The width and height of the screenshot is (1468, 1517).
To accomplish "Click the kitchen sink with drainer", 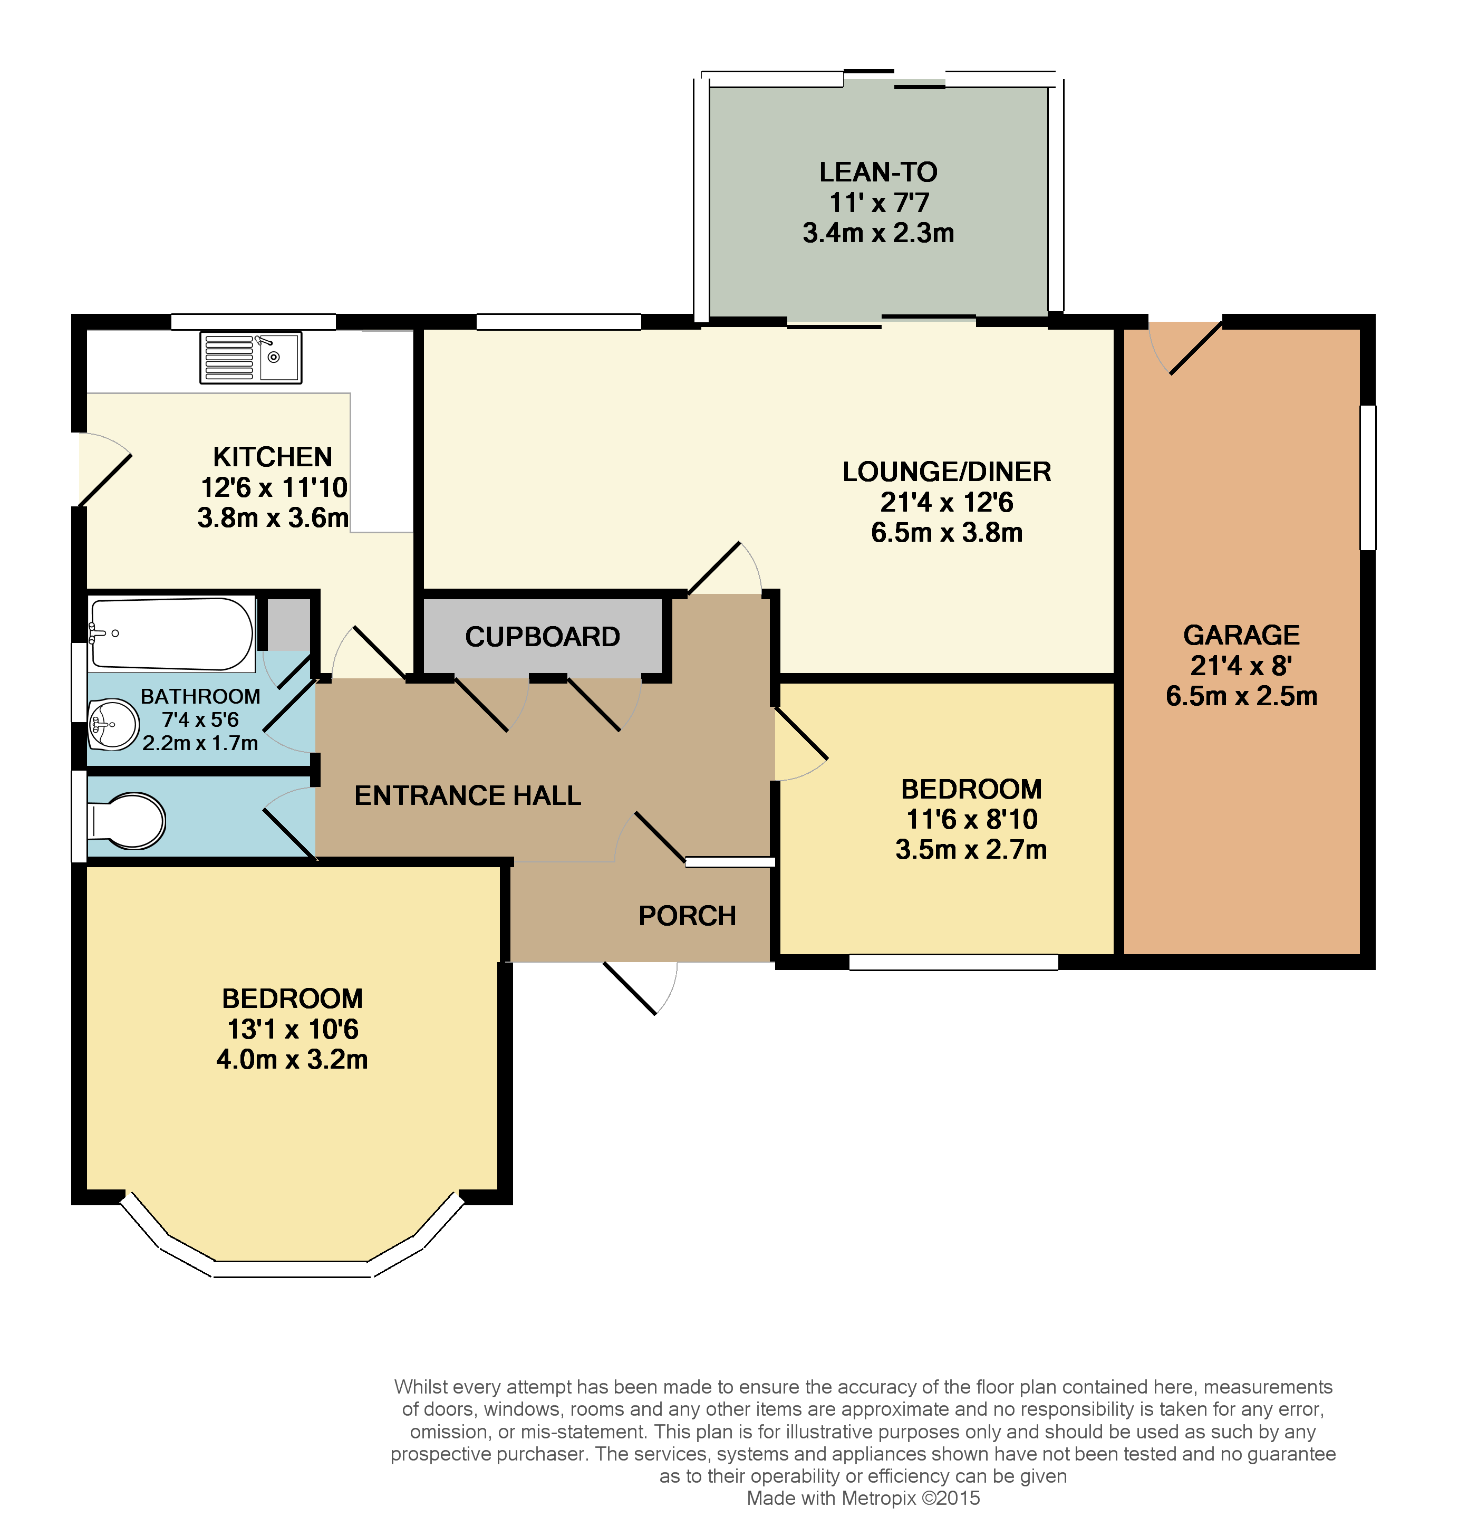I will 250,358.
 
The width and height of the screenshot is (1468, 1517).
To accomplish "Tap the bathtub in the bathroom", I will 172,633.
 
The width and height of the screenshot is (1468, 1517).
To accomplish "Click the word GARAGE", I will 1241,636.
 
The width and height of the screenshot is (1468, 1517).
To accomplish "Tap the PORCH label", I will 687,916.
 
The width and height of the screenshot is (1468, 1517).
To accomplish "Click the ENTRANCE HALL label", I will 467,795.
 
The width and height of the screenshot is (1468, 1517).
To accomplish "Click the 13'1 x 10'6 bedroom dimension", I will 293,1030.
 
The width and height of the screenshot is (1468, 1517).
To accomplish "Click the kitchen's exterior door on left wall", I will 104,469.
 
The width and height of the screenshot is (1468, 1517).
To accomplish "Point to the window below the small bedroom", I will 953,962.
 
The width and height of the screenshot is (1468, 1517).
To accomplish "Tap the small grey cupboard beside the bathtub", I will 288,625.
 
